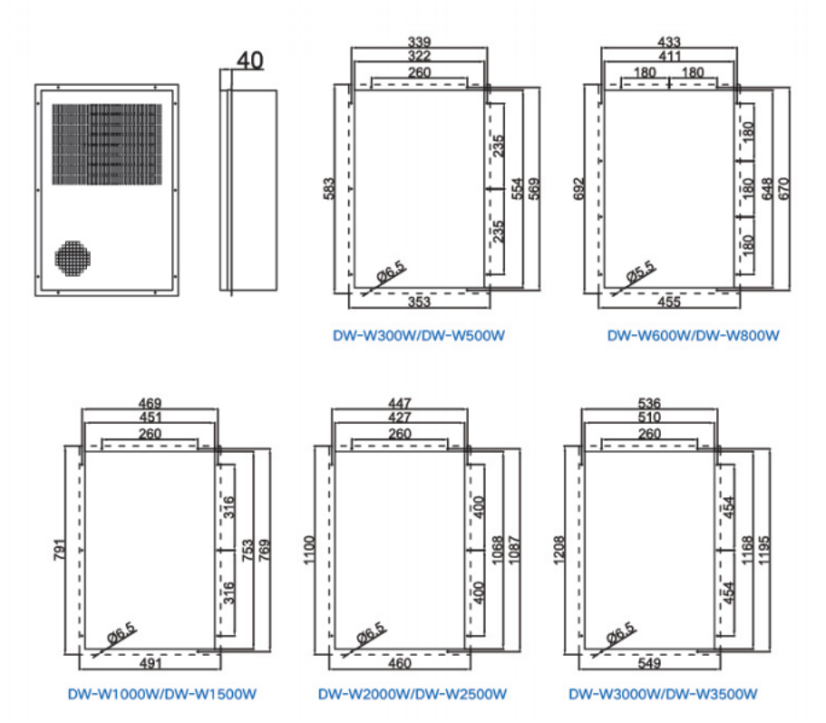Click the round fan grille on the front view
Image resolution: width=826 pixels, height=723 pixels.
73,256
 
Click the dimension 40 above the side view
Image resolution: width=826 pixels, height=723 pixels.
249,61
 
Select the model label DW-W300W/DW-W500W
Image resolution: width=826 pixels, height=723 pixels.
418,335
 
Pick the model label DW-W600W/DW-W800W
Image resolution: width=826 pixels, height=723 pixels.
693,335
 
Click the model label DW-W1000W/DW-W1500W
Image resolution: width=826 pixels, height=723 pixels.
163,695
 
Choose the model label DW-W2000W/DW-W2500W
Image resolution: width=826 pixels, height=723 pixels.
412,695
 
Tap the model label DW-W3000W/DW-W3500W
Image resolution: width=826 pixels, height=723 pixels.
663,695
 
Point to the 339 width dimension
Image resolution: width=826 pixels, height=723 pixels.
419,42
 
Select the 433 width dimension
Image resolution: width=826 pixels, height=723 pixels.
668,42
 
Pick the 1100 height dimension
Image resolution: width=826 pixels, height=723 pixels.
307,548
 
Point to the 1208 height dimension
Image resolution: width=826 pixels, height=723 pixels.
559,548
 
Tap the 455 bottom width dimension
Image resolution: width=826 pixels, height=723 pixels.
669,303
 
